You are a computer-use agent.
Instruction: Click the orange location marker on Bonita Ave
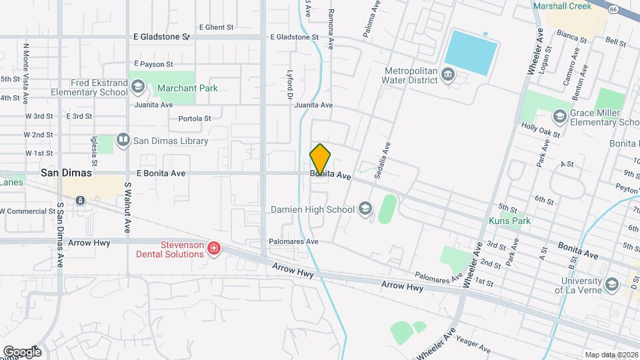(320, 159)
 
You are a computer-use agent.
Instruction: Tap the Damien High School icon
(365, 209)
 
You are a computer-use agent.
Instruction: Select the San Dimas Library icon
(123, 140)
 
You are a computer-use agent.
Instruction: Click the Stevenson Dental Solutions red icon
(214, 249)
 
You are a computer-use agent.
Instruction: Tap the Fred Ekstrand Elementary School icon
(138, 87)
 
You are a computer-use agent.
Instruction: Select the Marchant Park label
(187, 88)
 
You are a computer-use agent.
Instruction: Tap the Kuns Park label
(509, 221)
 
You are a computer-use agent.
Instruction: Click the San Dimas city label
(66, 172)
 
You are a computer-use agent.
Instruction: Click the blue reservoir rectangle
(471, 51)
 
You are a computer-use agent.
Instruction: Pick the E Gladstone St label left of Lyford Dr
(161, 37)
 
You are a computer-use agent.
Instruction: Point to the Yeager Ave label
(474, 345)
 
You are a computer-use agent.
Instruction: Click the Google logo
(22, 351)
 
